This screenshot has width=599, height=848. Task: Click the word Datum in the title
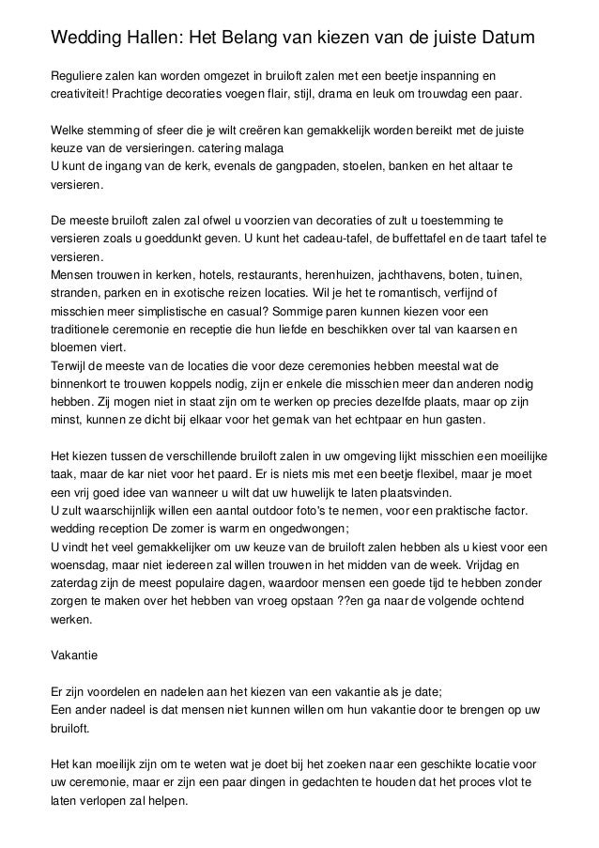click(x=508, y=38)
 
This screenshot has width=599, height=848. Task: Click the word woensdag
click(x=80, y=563)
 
